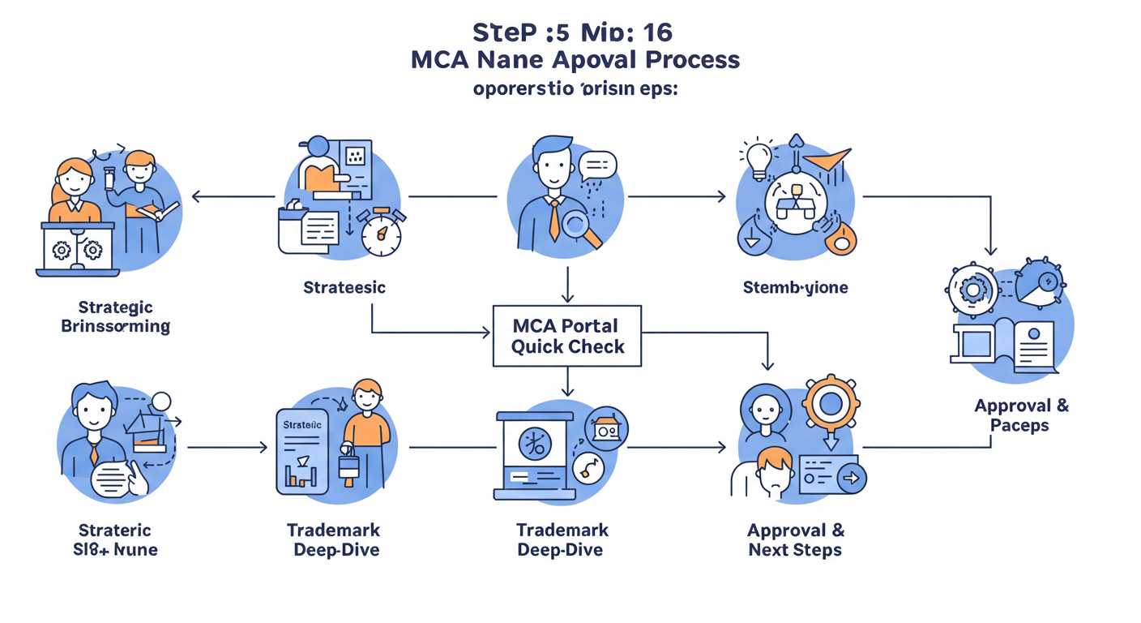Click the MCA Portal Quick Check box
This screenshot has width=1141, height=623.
pos(567,336)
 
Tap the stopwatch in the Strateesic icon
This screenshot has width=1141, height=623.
pos(381,235)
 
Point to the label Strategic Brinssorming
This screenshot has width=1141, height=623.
pos(115,317)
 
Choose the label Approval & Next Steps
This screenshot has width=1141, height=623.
pos(795,540)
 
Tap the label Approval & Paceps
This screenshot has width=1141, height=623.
pos(1021,415)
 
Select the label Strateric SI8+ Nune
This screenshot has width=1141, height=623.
pos(113,540)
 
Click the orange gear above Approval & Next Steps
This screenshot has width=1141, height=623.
pos(832,402)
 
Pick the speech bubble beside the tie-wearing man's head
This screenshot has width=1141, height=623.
pos(598,166)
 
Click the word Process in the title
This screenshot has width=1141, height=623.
pos(695,60)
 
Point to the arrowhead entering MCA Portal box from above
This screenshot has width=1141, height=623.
pos(567,299)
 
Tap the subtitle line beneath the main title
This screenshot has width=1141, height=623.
pos(575,88)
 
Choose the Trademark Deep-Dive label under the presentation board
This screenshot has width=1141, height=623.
pos(562,540)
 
